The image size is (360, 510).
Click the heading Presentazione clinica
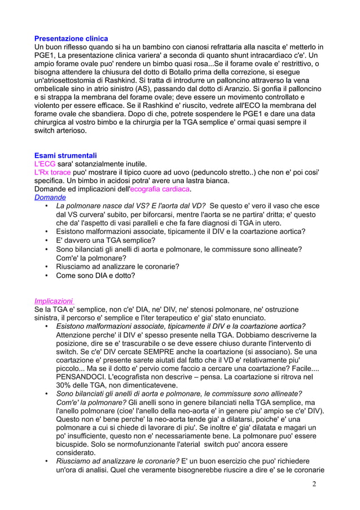click(x=71, y=38)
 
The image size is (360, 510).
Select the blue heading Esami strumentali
click(x=65, y=155)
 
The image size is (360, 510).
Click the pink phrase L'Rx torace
click(x=52, y=172)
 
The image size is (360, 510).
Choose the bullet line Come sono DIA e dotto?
click(x=95, y=276)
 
